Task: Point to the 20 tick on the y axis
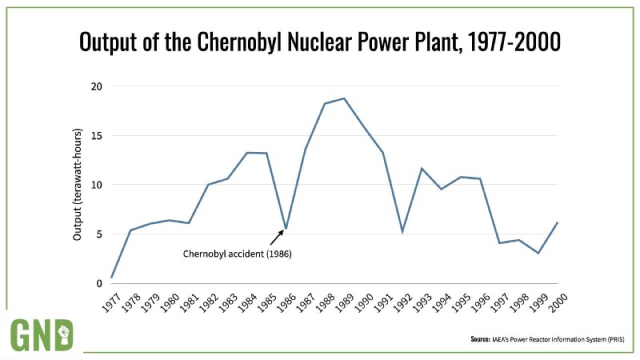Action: pos(95,86)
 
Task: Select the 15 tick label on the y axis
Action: pos(95,135)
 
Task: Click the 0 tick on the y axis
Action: pos(98,283)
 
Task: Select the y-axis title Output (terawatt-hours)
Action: pos(78,185)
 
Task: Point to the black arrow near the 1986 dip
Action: pos(276,236)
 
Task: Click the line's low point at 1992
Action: pos(402,232)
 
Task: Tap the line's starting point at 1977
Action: pos(112,278)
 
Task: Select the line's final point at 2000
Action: pos(558,222)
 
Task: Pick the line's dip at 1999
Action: pos(538,253)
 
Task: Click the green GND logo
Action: pos(42,334)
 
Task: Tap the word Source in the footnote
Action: pos(481,339)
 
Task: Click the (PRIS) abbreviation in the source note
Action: pos(614,339)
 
